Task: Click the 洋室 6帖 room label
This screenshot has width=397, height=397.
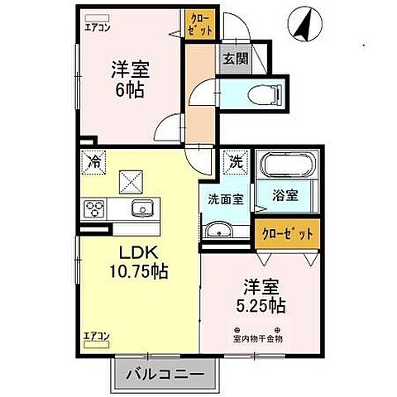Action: pyautogui.click(x=129, y=79)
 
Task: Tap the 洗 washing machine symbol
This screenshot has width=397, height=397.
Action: pyautogui.click(x=236, y=161)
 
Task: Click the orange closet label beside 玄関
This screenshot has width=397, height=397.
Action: pyautogui.click(x=201, y=24)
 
